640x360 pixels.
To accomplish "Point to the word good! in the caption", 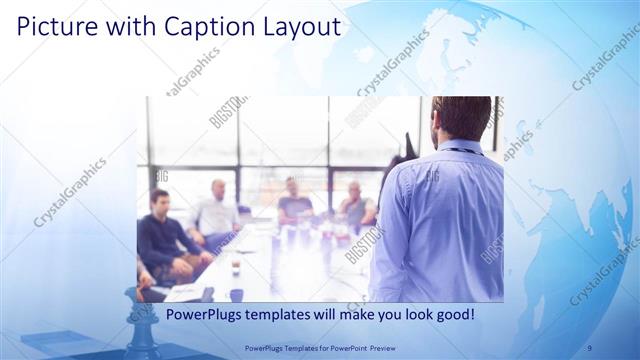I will click(x=454, y=315).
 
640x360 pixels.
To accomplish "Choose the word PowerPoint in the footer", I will click(x=341, y=349).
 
